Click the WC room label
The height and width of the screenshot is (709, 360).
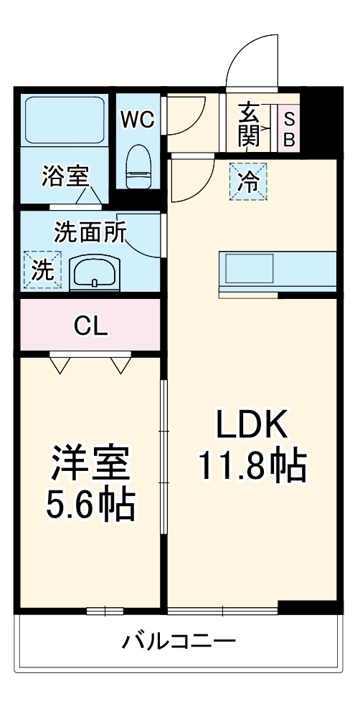click(136, 120)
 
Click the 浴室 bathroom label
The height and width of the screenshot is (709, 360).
click(65, 176)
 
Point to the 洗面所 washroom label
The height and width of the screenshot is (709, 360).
click(90, 232)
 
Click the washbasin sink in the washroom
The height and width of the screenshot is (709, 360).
click(96, 272)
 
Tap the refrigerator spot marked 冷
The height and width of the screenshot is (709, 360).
click(248, 181)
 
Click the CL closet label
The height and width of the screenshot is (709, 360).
click(90, 326)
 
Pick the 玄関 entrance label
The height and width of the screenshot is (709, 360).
click(249, 125)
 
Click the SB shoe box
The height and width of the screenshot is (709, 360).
click(289, 129)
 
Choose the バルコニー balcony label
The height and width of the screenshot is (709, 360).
click(178, 640)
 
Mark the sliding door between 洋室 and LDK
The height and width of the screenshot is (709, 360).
click(164, 459)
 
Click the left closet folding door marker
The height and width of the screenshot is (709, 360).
click(60, 364)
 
